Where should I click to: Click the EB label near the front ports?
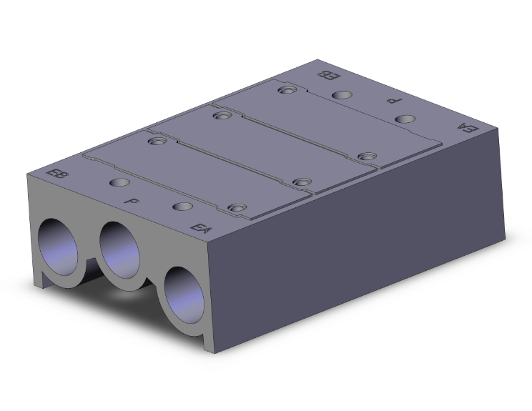[54, 174]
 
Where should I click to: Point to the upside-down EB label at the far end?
[325, 75]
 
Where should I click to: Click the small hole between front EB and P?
[114, 183]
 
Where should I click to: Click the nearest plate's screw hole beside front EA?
[234, 209]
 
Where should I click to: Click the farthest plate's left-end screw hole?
[287, 90]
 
